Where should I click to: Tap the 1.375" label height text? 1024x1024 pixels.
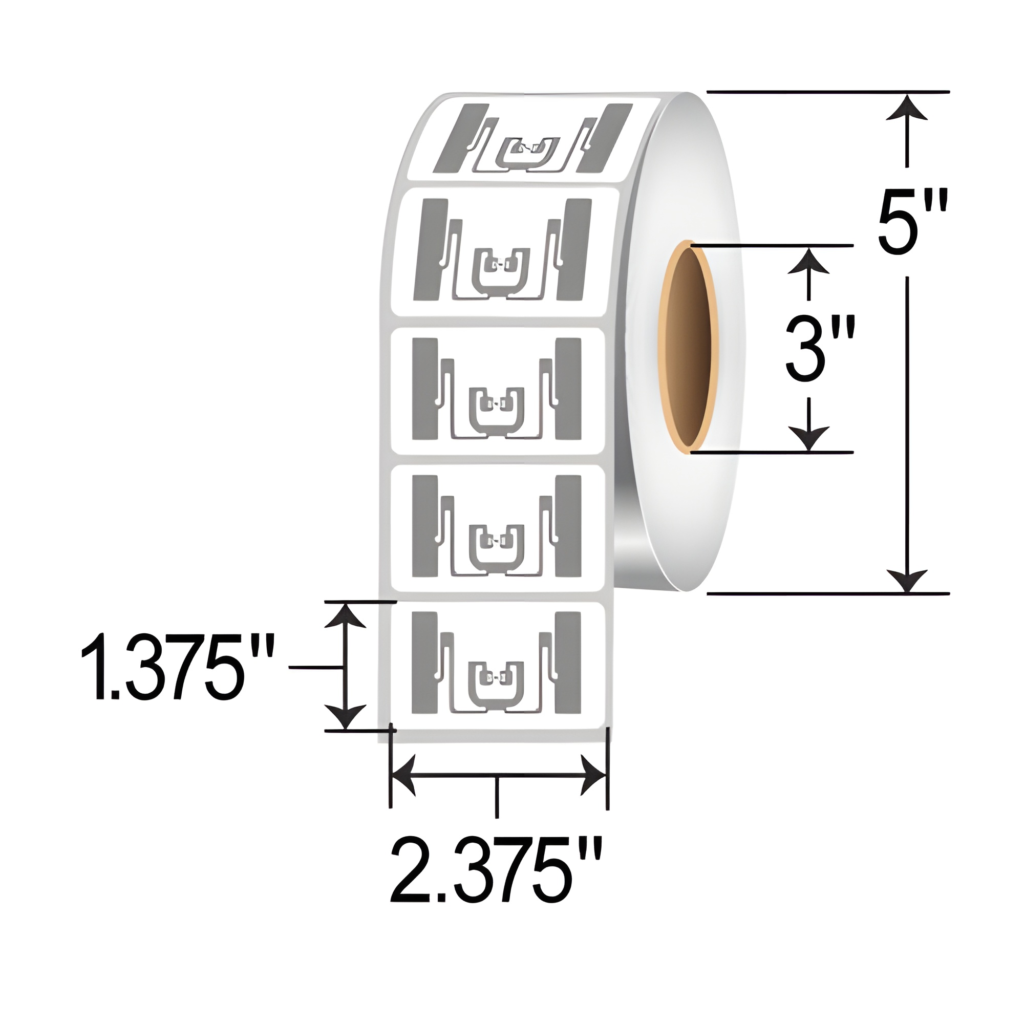pyautogui.click(x=177, y=669)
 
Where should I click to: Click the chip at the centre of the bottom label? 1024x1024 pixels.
pyautogui.click(x=497, y=677)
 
